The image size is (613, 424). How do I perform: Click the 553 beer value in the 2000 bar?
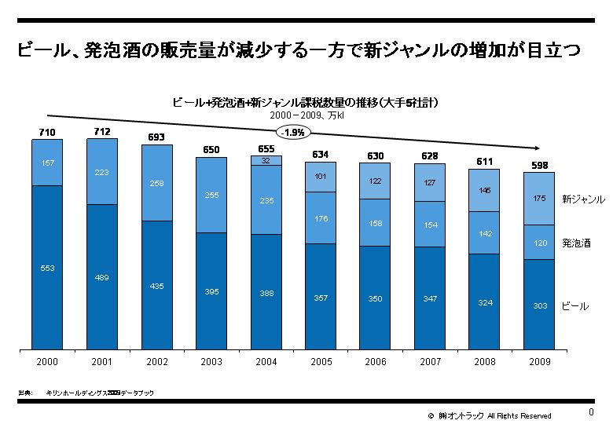coord(47,269)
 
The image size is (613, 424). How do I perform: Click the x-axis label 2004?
coord(266,362)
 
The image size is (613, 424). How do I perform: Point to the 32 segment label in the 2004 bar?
coord(266,159)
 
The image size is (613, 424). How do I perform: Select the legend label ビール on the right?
coord(574,305)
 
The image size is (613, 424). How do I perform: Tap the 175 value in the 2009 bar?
coord(540,199)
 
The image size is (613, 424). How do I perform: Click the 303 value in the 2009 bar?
coord(540,305)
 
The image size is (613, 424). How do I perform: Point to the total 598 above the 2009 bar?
coord(540,165)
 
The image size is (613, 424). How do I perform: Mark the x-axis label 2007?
coord(430,362)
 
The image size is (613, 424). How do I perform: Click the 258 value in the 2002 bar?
coord(156,183)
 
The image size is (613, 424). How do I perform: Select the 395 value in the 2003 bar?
coord(211,291)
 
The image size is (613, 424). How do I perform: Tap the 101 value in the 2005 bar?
coord(321,177)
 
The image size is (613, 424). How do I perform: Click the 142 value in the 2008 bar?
coord(485,233)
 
